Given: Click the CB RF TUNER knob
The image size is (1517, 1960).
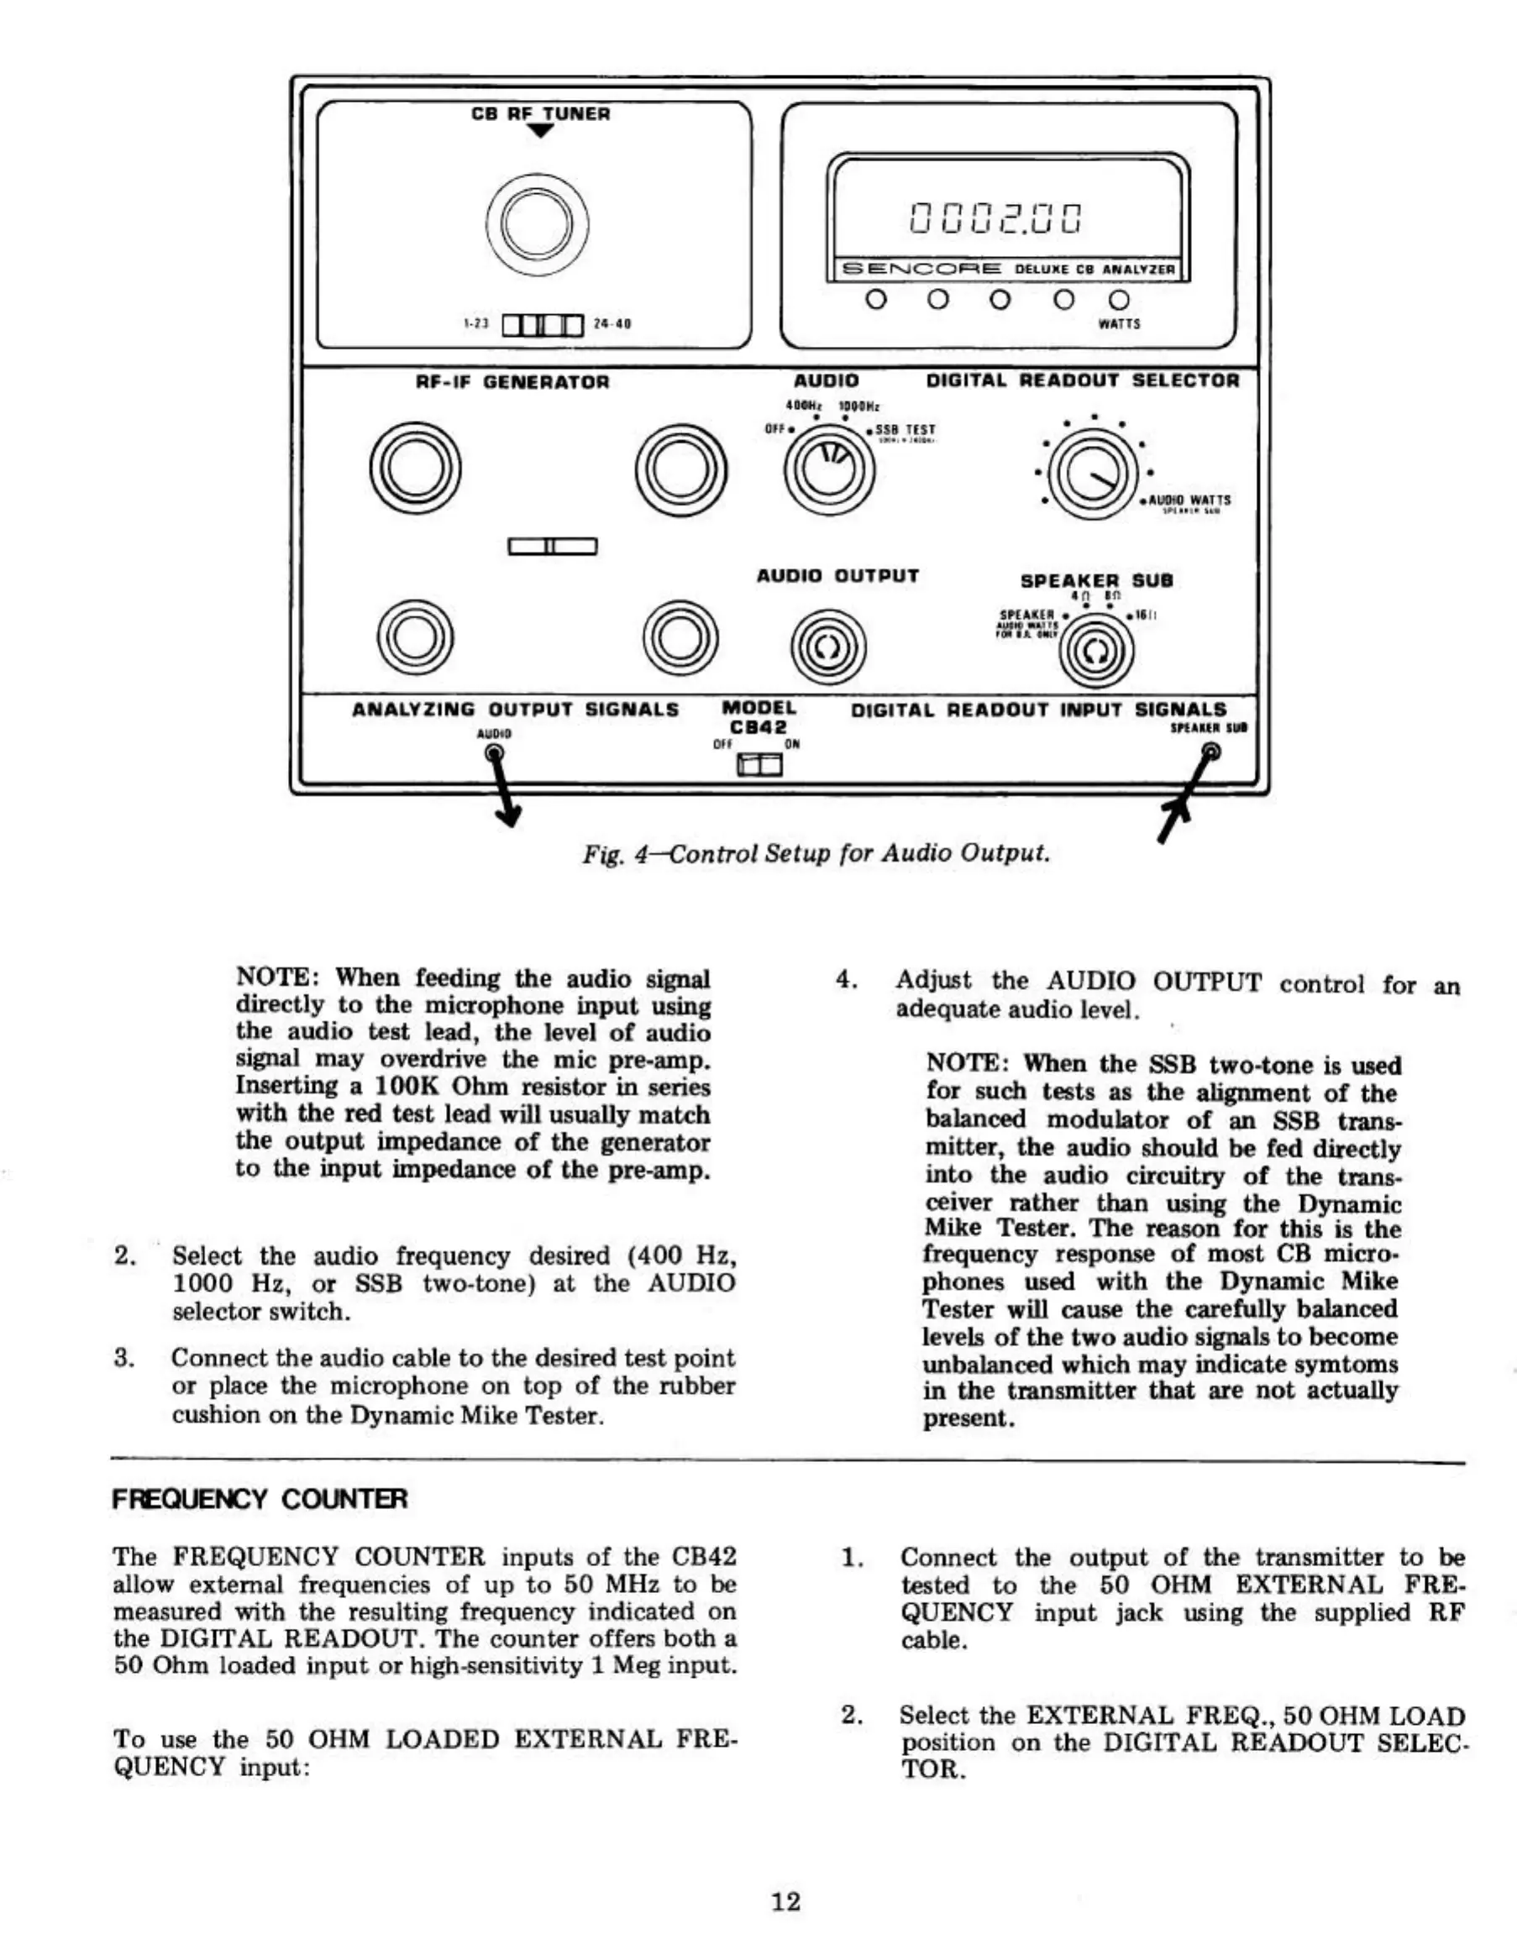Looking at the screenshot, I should tap(537, 223).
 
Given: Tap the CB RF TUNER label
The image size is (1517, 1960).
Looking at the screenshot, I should tap(540, 114).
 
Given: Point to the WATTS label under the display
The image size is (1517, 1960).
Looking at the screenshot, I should tap(1119, 324).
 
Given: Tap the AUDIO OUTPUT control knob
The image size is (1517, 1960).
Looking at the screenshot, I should tap(827, 647).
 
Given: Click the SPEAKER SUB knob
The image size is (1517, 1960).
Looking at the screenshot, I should tap(1095, 652).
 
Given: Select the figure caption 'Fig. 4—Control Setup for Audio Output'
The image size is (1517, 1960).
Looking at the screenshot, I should tap(815, 852).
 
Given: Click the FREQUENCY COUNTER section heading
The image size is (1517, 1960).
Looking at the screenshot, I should tap(260, 1499).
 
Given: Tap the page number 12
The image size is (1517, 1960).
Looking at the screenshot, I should tap(785, 1900).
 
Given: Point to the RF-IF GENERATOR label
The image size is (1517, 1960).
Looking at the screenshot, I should tap(512, 382).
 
